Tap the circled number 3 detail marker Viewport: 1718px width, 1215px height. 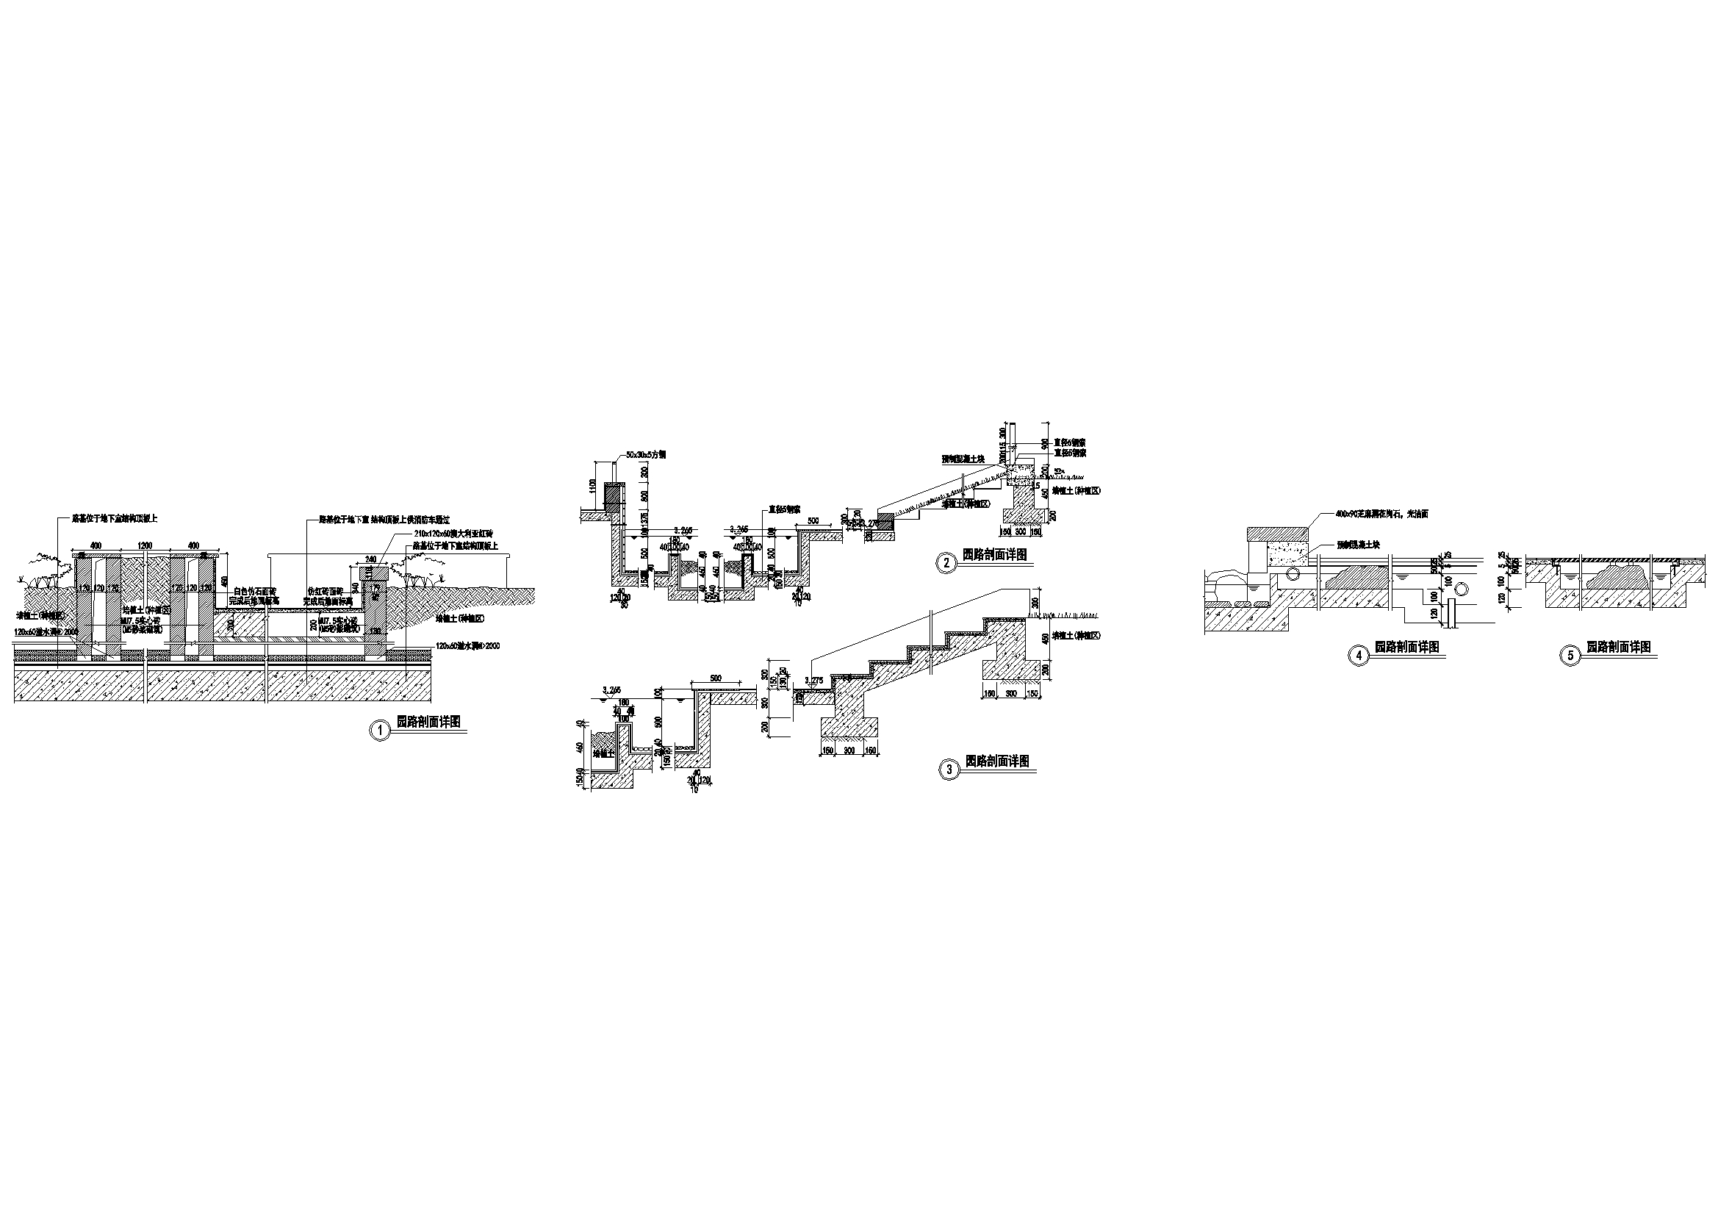pos(949,770)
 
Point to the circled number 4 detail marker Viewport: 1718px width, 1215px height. pos(1357,655)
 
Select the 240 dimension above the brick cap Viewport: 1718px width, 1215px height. pos(370,559)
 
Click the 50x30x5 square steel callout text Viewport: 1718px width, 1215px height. pos(645,455)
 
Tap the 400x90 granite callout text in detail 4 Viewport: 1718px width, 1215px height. pos(1371,515)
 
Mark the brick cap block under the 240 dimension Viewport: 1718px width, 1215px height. pos(373,573)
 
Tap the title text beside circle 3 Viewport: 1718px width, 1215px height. pos(996,761)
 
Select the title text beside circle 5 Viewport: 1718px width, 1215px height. pos(1619,647)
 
